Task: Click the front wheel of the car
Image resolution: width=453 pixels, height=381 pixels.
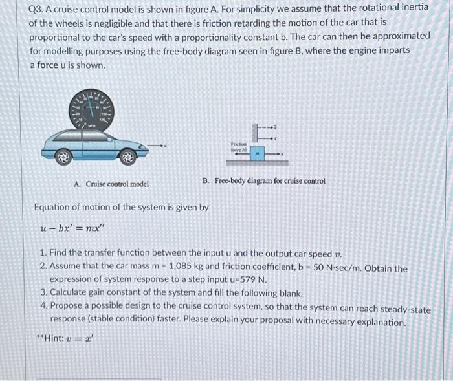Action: [128, 155]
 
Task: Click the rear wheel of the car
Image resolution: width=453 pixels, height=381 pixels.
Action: [64, 155]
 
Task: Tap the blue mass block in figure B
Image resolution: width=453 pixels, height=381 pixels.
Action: [257, 155]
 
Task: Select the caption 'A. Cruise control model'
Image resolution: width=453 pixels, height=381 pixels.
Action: [111, 184]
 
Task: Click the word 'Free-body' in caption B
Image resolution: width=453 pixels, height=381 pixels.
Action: [230, 180]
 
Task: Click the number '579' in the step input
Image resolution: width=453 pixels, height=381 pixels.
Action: [246, 280]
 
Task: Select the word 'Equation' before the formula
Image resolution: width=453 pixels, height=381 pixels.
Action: [54, 207]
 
